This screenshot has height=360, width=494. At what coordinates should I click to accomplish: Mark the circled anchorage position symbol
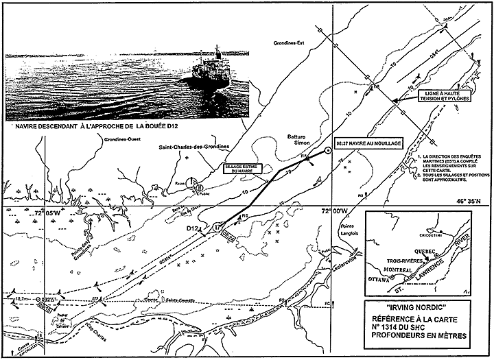point(327,152)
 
